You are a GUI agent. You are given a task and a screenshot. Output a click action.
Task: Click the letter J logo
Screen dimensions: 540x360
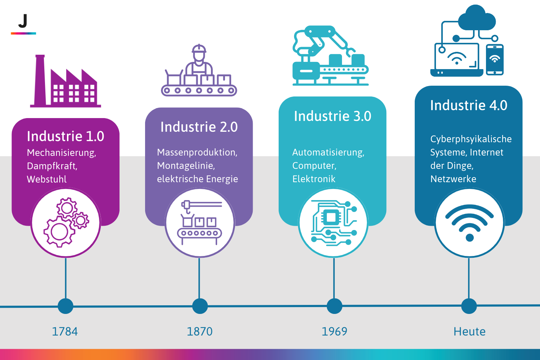[x=23, y=22]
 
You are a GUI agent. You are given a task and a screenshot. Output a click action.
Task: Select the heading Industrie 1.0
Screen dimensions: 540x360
[x=66, y=136]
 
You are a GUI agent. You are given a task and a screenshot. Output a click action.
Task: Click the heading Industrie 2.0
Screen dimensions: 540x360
[x=199, y=127]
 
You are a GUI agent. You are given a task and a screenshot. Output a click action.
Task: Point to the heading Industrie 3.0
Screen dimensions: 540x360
[x=333, y=116]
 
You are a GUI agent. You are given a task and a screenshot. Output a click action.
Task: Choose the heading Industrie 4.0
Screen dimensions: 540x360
[x=469, y=105]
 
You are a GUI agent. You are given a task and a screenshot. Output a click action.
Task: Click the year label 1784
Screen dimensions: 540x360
[x=65, y=331]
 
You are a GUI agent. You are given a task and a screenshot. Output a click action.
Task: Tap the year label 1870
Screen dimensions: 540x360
[x=199, y=331]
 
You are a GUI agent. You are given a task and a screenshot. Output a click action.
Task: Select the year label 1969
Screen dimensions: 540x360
[x=334, y=331]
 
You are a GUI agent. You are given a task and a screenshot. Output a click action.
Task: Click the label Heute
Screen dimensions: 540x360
[x=469, y=331]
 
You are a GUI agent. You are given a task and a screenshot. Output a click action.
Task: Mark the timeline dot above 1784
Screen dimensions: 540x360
[x=66, y=306]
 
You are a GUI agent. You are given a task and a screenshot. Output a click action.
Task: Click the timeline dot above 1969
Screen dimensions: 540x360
[x=334, y=306]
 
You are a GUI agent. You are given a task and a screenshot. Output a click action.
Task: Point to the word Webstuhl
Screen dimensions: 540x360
[x=47, y=179]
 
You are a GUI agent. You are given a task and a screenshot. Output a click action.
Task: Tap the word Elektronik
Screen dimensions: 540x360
[x=314, y=179]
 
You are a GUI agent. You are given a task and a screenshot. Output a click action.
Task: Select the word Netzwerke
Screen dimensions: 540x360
[x=453, y=179]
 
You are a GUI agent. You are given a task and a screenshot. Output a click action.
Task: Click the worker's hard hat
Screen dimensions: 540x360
[x=199, y=49]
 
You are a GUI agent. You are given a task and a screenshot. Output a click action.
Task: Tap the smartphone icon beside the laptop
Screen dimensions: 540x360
[x=495, y=60]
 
